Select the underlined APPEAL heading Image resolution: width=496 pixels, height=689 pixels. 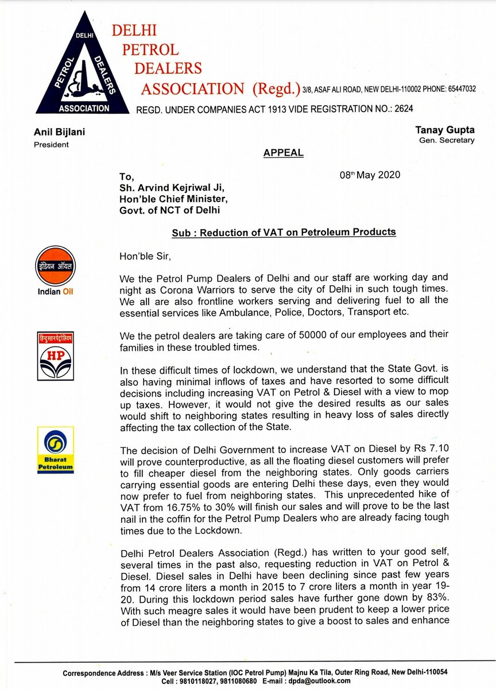pos(284,153)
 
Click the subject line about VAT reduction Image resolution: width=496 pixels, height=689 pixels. pos(284,232)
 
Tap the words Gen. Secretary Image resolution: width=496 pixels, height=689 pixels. pos(445,141)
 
